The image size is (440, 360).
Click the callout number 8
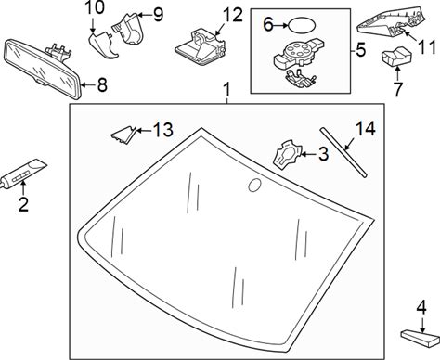click(102, 84)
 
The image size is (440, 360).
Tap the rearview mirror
click(44, 69)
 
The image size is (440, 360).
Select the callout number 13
click(163, 130)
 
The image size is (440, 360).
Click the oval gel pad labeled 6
click(302, 26)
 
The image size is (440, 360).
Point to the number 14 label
click(366, 128)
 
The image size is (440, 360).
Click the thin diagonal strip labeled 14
click(343, 152)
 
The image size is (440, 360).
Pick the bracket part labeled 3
click(288, 155)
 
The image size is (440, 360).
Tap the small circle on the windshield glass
click(255, 185)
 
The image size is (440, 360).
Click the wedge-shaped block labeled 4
click(421, 338)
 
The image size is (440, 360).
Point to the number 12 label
click(233, 15)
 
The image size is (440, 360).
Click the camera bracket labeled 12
click(201, 46)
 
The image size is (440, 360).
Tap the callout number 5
click(361, 50)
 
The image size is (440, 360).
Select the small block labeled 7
click(396, 56)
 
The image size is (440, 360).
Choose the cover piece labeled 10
click(104, 45)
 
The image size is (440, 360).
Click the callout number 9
click(159, 15)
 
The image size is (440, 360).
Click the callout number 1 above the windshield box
click(227, 90)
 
